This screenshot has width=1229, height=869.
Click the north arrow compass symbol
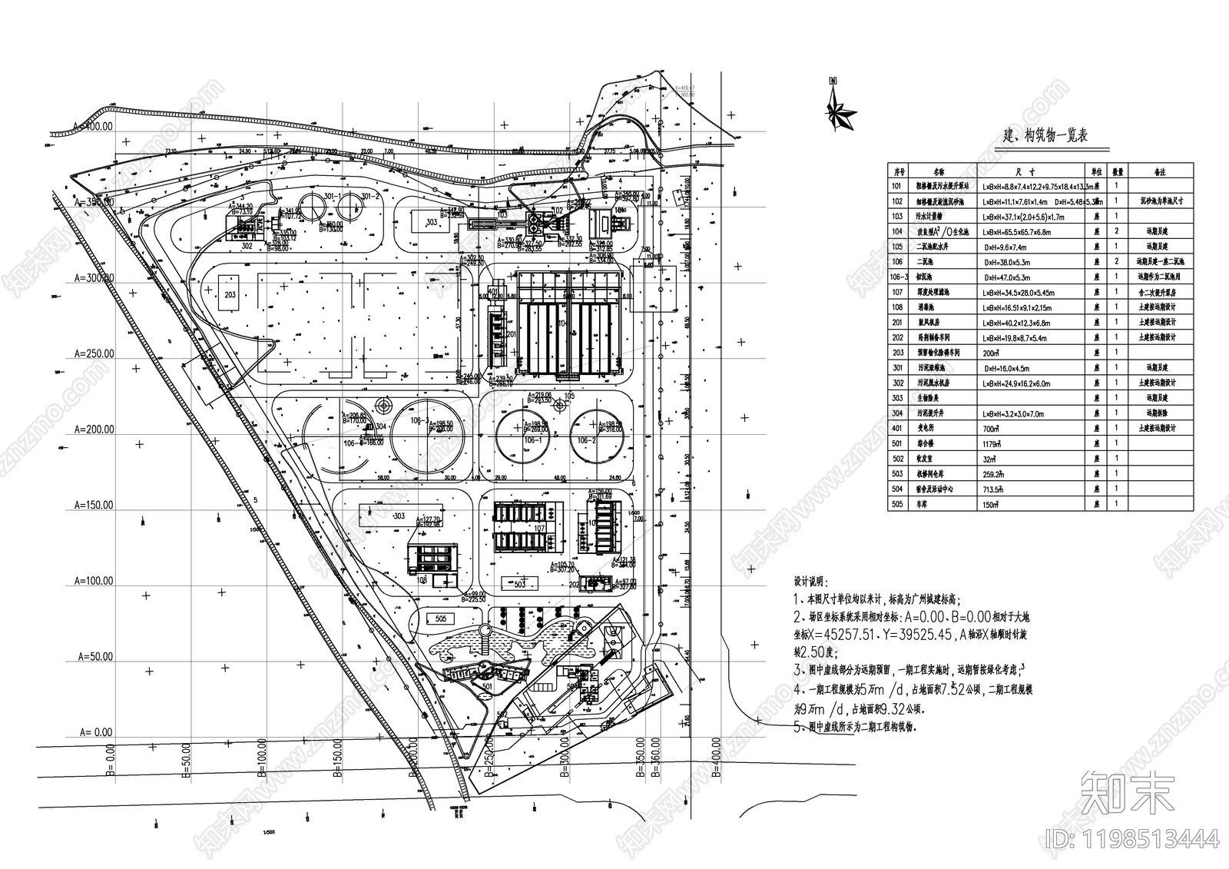pos(840,108)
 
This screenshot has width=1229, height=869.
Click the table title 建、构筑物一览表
pos(1045,136)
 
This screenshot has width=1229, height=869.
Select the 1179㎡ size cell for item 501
pos(989,443)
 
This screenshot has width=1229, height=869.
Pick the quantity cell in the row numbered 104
pos(1117,231)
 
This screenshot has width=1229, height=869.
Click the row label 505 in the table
pos(896,504)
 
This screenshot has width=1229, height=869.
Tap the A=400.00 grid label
pos(92,126)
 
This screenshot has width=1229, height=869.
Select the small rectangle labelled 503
pos(520,585)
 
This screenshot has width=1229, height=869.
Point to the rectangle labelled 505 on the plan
pos(441,619)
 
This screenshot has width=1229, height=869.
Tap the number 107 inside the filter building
pos(538,528)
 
